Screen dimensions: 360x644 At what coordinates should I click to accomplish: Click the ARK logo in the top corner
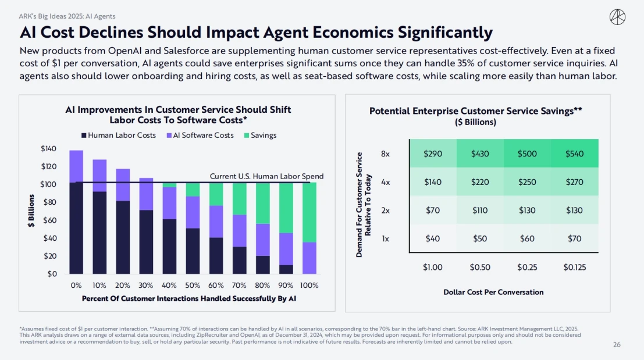pos(617,17)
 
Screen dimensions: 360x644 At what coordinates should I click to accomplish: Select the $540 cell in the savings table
pos(574,154)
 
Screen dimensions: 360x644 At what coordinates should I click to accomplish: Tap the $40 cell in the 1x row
pos(433,238)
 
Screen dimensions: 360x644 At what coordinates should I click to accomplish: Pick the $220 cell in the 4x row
pos(480,182)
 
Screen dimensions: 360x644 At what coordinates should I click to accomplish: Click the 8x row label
pos(385,154)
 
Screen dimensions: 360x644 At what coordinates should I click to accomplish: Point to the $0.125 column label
pos(574,268)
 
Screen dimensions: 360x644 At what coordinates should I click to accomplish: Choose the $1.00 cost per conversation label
pos(433,268)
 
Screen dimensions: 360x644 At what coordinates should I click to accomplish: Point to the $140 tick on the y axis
pos(48,149)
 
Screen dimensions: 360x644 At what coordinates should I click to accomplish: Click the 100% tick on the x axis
pos(309,286)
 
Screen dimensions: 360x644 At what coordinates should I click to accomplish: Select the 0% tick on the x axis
pos(76,286)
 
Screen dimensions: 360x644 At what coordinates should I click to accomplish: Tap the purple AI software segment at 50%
pos(193,212)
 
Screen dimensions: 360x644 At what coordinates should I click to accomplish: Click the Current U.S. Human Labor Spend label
pos(266,176)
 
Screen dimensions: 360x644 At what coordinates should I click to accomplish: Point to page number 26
pos(617,345)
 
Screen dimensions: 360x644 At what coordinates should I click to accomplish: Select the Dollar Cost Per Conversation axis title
pos(493,292)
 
